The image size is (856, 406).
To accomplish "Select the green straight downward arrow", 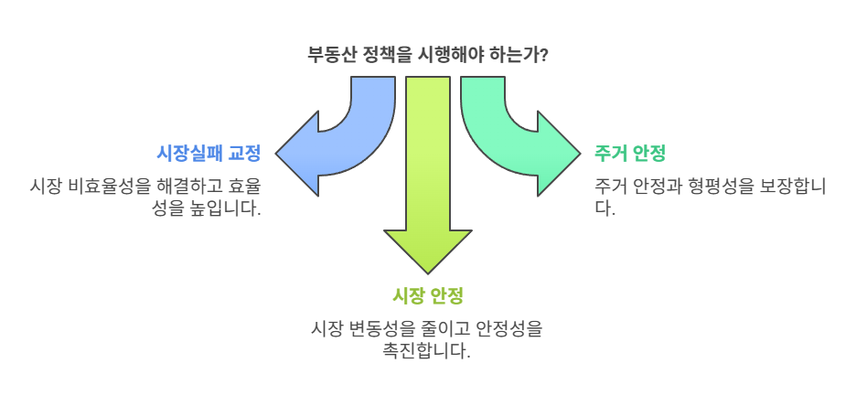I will (428, 165).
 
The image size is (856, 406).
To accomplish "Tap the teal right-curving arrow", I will (512, 137).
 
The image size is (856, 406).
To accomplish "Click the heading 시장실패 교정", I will (209, 152).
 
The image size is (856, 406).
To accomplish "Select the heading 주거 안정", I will (629, 152).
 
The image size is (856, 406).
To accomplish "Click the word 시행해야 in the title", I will (453, 54).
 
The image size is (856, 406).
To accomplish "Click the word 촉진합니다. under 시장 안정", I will (428, 350).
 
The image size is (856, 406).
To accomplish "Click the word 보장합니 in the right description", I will (789, 186).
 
